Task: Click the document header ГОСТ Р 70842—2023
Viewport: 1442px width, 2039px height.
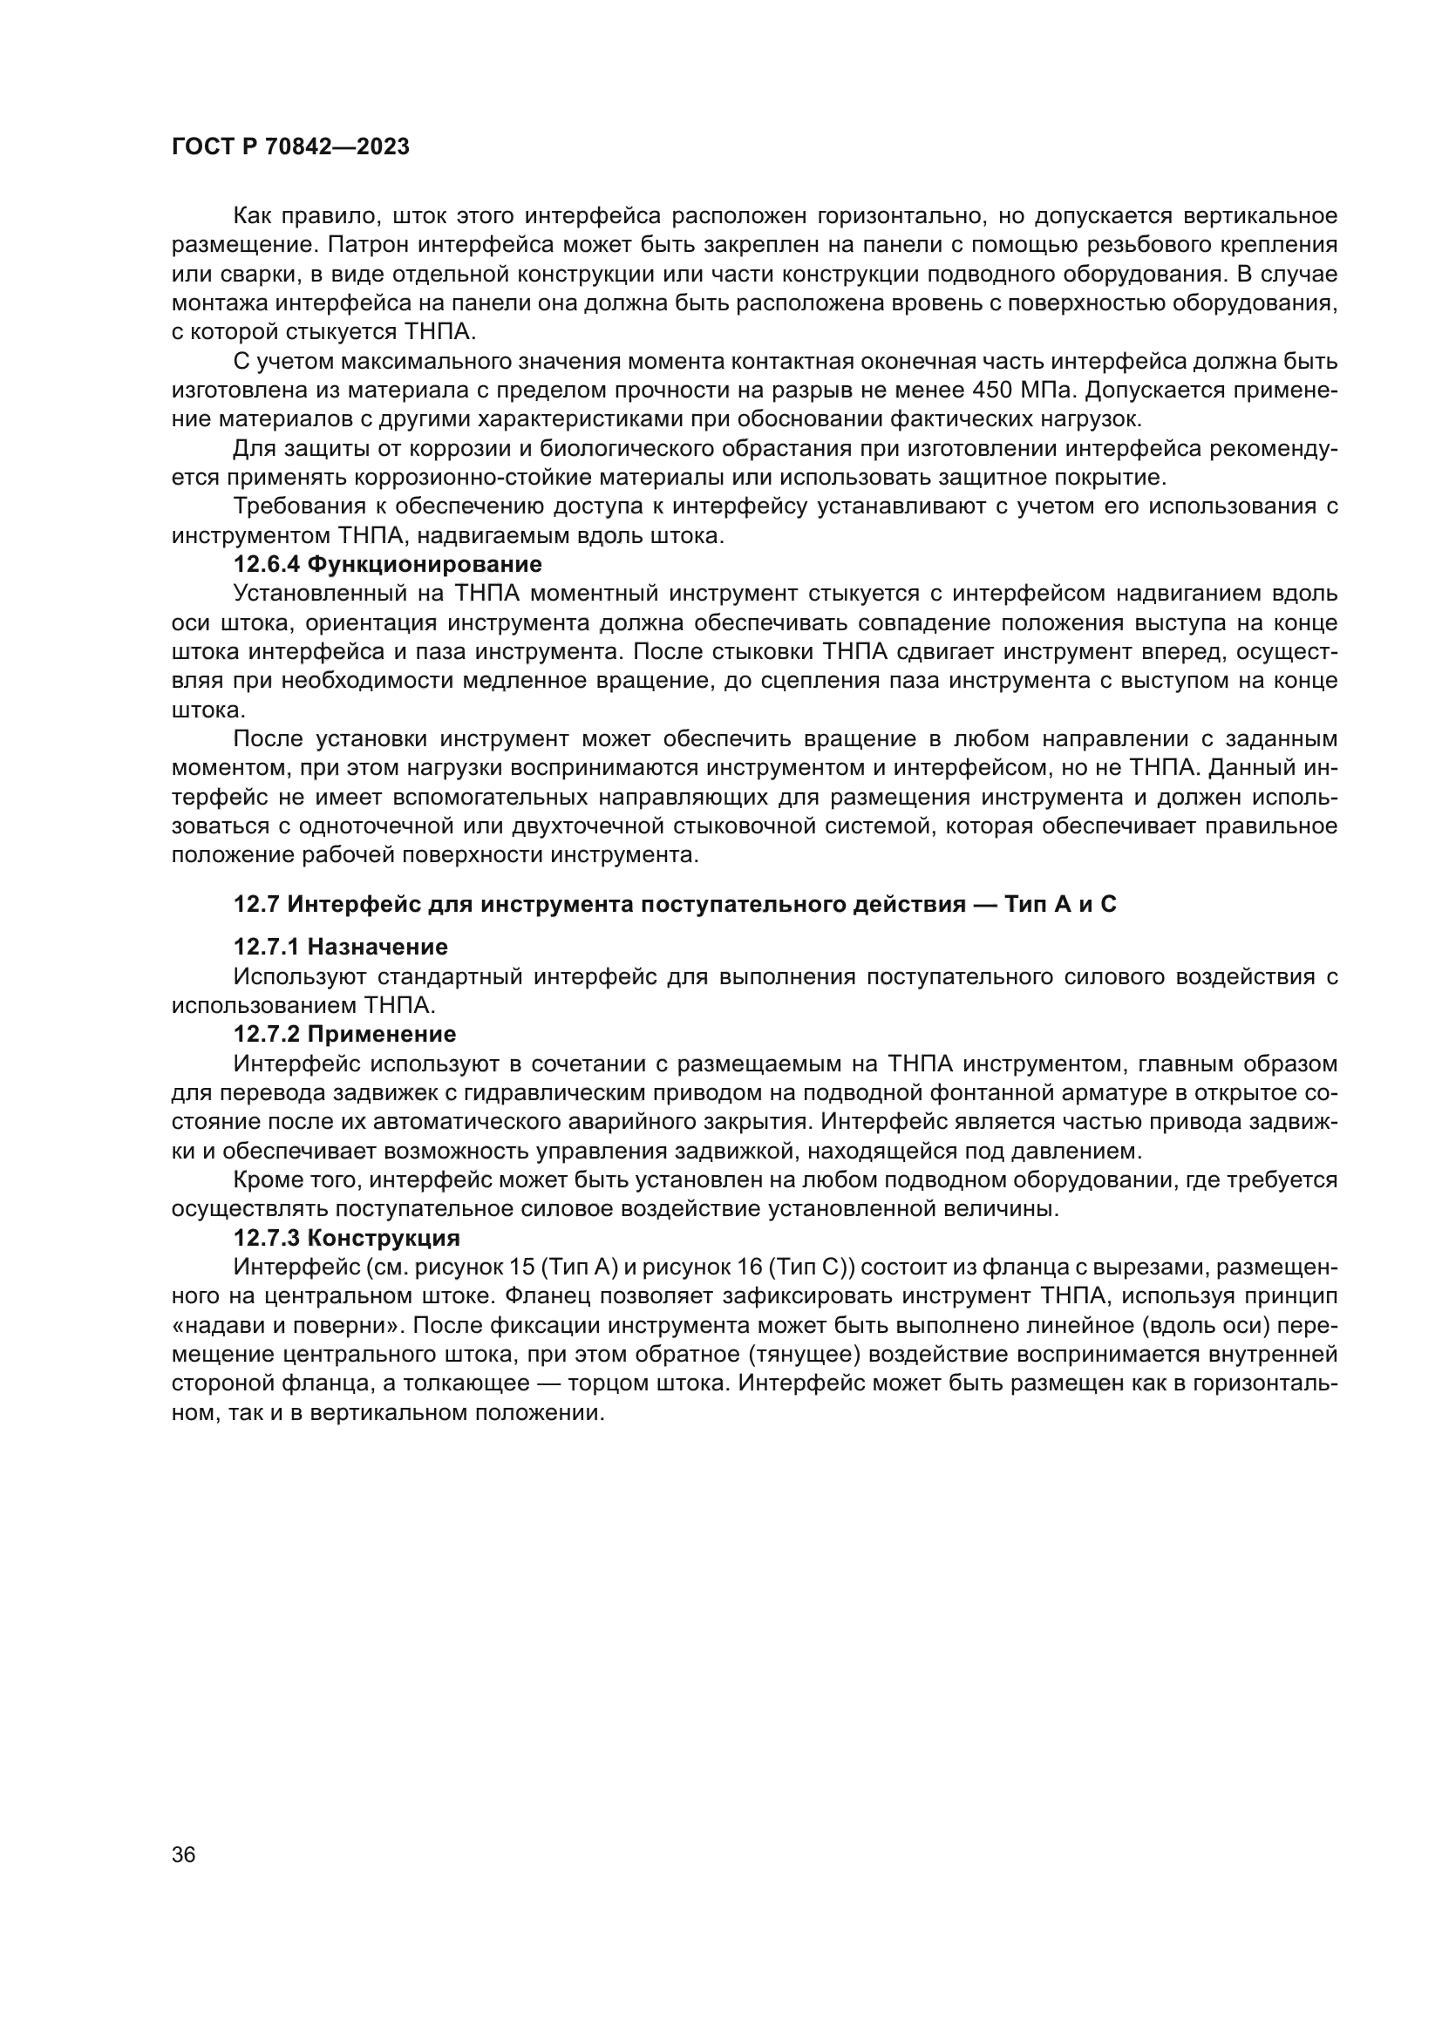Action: coord(290,147)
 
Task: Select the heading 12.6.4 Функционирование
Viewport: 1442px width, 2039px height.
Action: coord(387,564)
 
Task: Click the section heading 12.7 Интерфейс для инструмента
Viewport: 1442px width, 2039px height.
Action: coord(675,904)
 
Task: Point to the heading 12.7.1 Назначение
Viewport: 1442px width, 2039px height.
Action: coord(340,947)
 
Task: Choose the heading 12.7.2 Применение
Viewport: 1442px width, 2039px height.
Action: coord(344,1034)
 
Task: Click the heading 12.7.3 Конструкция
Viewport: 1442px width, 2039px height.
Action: coord(346,1237)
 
